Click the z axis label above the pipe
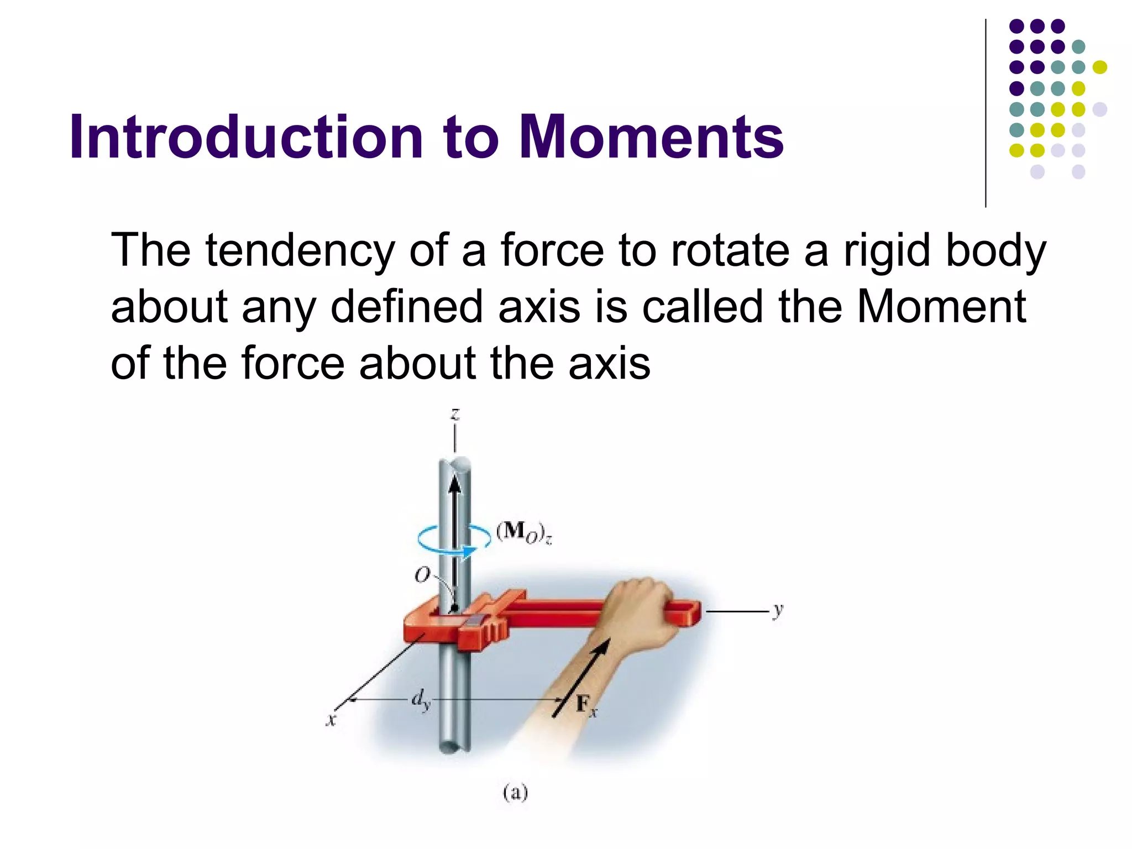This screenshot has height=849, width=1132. [x=455, y=414]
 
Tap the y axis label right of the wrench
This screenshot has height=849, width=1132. [x=778, y=610]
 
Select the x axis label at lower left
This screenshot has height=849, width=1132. [x=331, y=720]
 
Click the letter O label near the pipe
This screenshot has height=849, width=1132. [x=422, y=575]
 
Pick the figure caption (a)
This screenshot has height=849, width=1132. [x=515, y=793]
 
